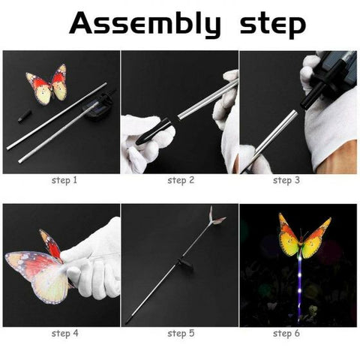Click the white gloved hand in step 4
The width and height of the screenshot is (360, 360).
(94, 259)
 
